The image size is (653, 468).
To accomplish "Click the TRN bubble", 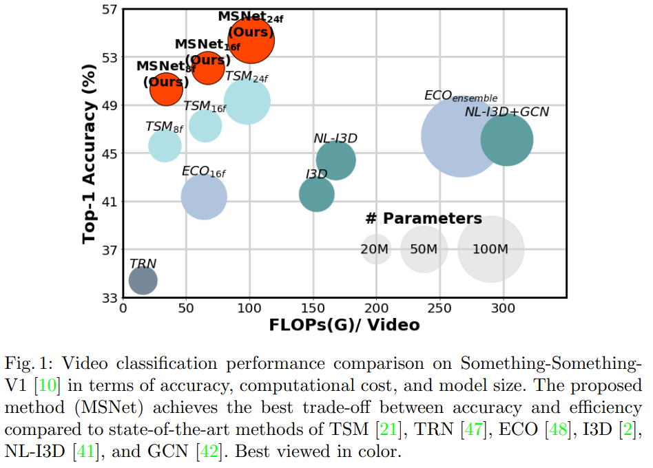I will [143, 280].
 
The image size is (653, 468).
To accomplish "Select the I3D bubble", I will [316, 194].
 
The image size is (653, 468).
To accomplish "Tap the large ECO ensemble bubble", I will [463, 136].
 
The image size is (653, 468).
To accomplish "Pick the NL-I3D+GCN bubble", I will [506, 140].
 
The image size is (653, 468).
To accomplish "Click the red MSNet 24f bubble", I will [251, 39].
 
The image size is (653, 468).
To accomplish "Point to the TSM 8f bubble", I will [165, 145].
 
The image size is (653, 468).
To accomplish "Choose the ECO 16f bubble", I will [204, 197].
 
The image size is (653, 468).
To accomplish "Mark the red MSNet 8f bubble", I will [166, 88].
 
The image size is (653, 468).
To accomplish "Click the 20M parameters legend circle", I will [375, 249].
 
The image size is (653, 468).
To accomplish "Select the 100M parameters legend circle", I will [490, 249].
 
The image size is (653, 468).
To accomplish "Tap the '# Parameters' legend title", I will [424, 219].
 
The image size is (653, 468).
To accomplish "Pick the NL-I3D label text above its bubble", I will [335, 138].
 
